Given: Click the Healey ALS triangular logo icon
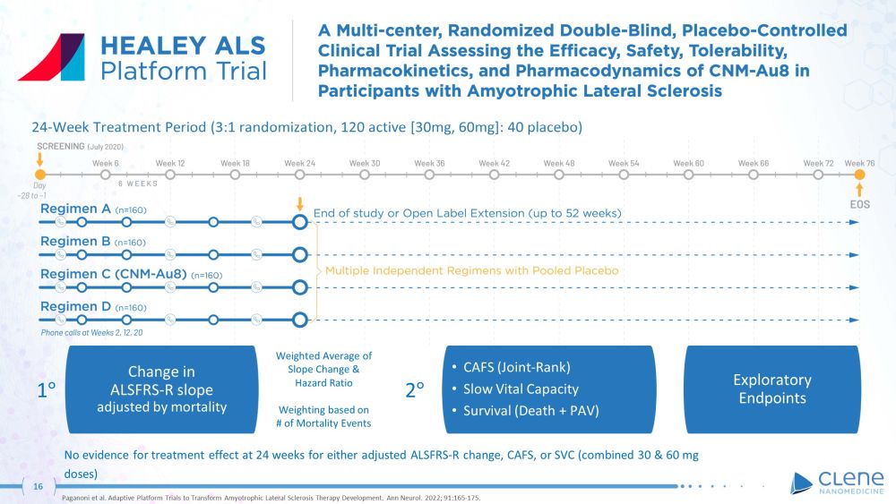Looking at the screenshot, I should coord(51,57).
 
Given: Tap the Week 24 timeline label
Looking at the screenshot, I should coord(299,163).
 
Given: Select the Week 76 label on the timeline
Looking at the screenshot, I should coord(859,163).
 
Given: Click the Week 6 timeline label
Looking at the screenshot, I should coord(106,163).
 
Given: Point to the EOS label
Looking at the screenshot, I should coord(859,205).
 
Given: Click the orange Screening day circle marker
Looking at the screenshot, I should coord(39,175).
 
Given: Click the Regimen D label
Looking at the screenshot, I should coord(75,307).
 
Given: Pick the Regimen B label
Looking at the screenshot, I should coord(75,242).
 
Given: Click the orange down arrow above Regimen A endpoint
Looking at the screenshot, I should coord(300,202).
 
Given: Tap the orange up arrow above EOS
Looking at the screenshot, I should coord(859,190).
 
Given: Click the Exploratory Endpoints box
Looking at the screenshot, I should coord(772,389).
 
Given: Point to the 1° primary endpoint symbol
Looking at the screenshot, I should coord(47,390).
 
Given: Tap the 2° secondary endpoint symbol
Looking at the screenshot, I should coord(415,390).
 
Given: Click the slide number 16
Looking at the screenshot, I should coord(38,486).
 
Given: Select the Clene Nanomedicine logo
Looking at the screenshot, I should coord(837,483).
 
